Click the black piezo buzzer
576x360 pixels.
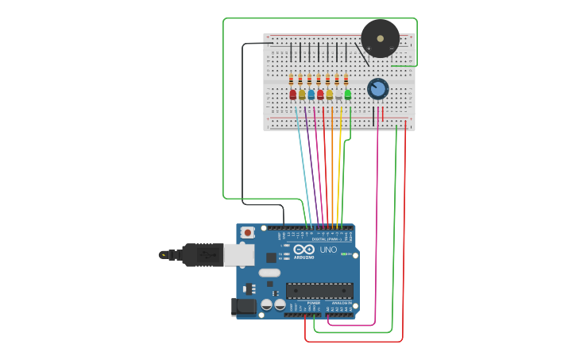[x=380, y=38]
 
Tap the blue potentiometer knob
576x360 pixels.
[x=377, y=88]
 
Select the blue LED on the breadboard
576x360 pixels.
[x=311, y=95]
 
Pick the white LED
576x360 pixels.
[x=338, y=95]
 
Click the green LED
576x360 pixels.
[x=347, y=95]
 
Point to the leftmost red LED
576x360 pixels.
[x=292, y=95]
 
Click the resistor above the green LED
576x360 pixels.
[x=346, y=79]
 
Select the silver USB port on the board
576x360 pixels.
[x=238, y=254]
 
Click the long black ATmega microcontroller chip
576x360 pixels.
[x=319, y=291]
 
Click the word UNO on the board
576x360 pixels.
[x=328, y=250]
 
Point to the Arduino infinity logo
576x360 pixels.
[x=304, y=250]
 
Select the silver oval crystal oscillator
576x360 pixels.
[x=269, y=273]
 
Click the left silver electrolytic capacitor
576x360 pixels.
[x=267, y=304]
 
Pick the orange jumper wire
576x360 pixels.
[x=331, y=167]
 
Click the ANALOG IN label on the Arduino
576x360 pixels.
[x=341, y=303]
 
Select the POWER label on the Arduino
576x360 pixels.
[x=313, y=303]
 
